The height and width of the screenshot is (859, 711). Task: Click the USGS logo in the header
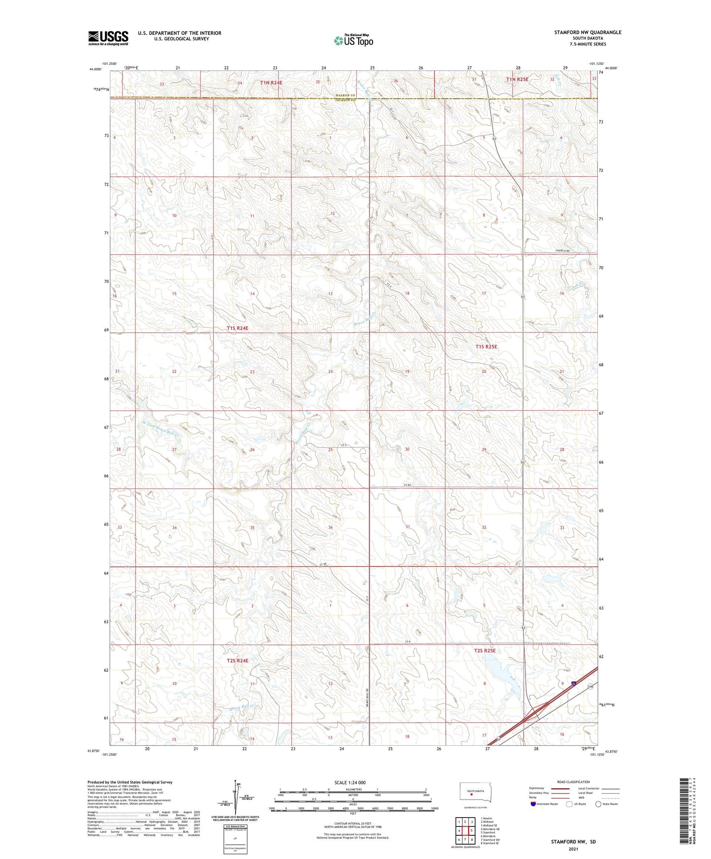108,37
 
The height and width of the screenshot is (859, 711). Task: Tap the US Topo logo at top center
353,40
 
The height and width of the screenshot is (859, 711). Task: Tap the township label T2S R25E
485,650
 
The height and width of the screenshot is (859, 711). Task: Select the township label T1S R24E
238,328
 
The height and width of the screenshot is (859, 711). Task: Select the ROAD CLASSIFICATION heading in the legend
573,782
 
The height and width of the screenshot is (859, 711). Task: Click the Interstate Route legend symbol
533,804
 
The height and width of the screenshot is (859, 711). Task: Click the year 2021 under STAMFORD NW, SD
573,849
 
